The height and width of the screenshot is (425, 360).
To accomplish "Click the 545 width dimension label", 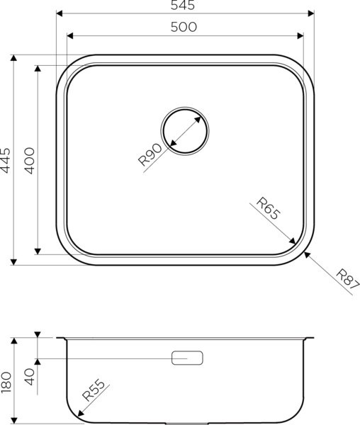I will click(184, 6).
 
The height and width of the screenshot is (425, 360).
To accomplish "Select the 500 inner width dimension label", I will click(184, 27).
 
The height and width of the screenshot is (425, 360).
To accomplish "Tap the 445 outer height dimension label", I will click(6, 160).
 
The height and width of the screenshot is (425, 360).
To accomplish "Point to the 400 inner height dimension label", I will click(29, 160).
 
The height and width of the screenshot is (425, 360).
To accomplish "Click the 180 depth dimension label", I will click(6, 381).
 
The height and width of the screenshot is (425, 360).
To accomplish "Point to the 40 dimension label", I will click(29, 375).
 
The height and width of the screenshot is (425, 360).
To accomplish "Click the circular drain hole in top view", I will click(185, 130).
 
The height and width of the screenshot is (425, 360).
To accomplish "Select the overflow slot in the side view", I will click(186, 358).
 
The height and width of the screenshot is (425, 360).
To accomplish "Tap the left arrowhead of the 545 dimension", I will click(60, 13).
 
